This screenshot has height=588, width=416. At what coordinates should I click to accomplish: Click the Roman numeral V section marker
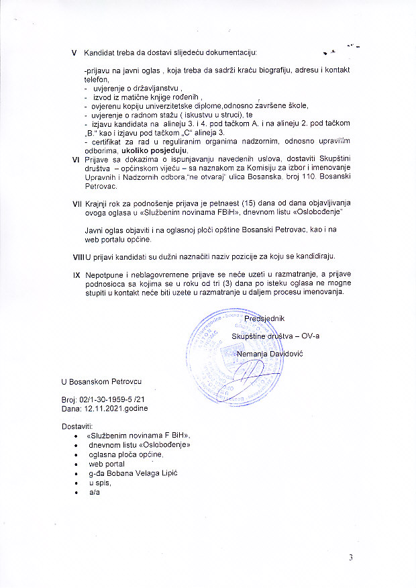click(74, 52)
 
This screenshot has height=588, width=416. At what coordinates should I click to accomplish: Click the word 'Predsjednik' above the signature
click(266, 318)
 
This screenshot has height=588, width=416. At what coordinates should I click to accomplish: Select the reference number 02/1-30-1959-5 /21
click(108, 399)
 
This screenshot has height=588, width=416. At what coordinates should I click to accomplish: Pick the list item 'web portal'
click(107, 464)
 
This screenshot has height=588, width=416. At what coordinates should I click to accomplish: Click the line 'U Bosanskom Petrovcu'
click(101, 381)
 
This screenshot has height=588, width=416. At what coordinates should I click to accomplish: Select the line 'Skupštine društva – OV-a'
click(275, 336)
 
